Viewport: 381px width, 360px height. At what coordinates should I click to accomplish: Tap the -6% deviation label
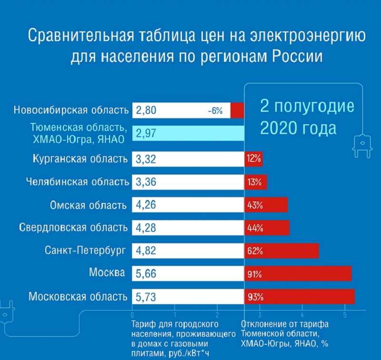[x=215, y=111]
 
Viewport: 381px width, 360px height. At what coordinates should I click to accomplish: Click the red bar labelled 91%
[x=298, y=274]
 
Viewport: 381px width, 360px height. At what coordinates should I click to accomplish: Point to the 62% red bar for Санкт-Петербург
[x=281, y=250]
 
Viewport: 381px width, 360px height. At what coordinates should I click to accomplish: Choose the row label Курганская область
[x=80, y=159]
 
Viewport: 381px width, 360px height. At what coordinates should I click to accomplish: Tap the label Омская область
[x=89, y=205]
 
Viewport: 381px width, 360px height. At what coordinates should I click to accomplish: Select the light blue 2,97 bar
[x=188, y=134]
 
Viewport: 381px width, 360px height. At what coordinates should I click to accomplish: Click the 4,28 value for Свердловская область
[x=146, y=228]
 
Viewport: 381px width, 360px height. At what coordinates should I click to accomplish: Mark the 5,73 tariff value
[x=146, y=297]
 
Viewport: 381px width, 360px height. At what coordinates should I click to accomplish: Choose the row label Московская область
[x=78, y=296]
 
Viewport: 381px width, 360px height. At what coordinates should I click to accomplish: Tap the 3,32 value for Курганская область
[x=146, y=159]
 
